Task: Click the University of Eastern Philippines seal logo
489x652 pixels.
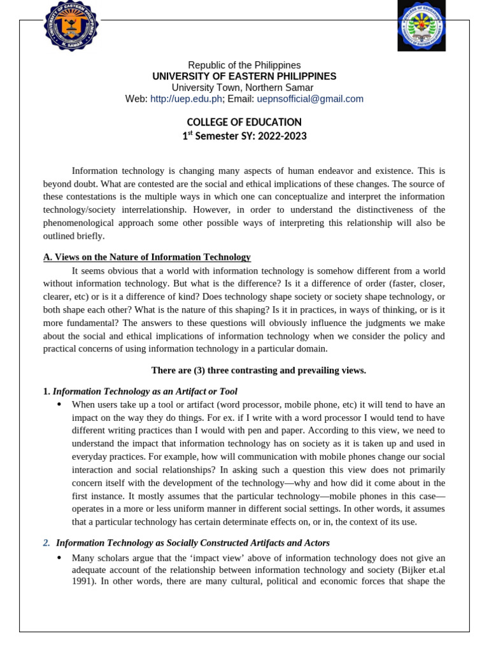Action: (71, 26)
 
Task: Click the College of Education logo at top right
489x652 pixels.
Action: (422, 26)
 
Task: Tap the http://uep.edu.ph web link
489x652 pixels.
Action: (186, 99)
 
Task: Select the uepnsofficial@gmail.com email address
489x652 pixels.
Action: (310, 99)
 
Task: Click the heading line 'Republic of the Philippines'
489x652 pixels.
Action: (244, 65)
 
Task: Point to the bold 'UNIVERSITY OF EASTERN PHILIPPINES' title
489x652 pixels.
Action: (244, 76)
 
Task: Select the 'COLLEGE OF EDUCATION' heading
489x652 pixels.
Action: (244, 122)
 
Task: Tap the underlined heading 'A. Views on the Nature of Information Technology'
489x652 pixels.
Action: (146, 257)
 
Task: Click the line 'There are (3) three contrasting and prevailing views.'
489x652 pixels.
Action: (259, 370)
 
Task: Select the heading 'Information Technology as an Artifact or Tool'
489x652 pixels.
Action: (145, 391)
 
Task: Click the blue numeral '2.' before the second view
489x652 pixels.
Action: (46, 542)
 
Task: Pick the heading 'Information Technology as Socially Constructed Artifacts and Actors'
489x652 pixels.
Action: (193, 542)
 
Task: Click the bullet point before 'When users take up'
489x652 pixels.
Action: (59, 404)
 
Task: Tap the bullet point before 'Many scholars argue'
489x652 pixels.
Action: (59, 558)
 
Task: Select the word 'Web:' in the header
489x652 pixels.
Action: (136, 99)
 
